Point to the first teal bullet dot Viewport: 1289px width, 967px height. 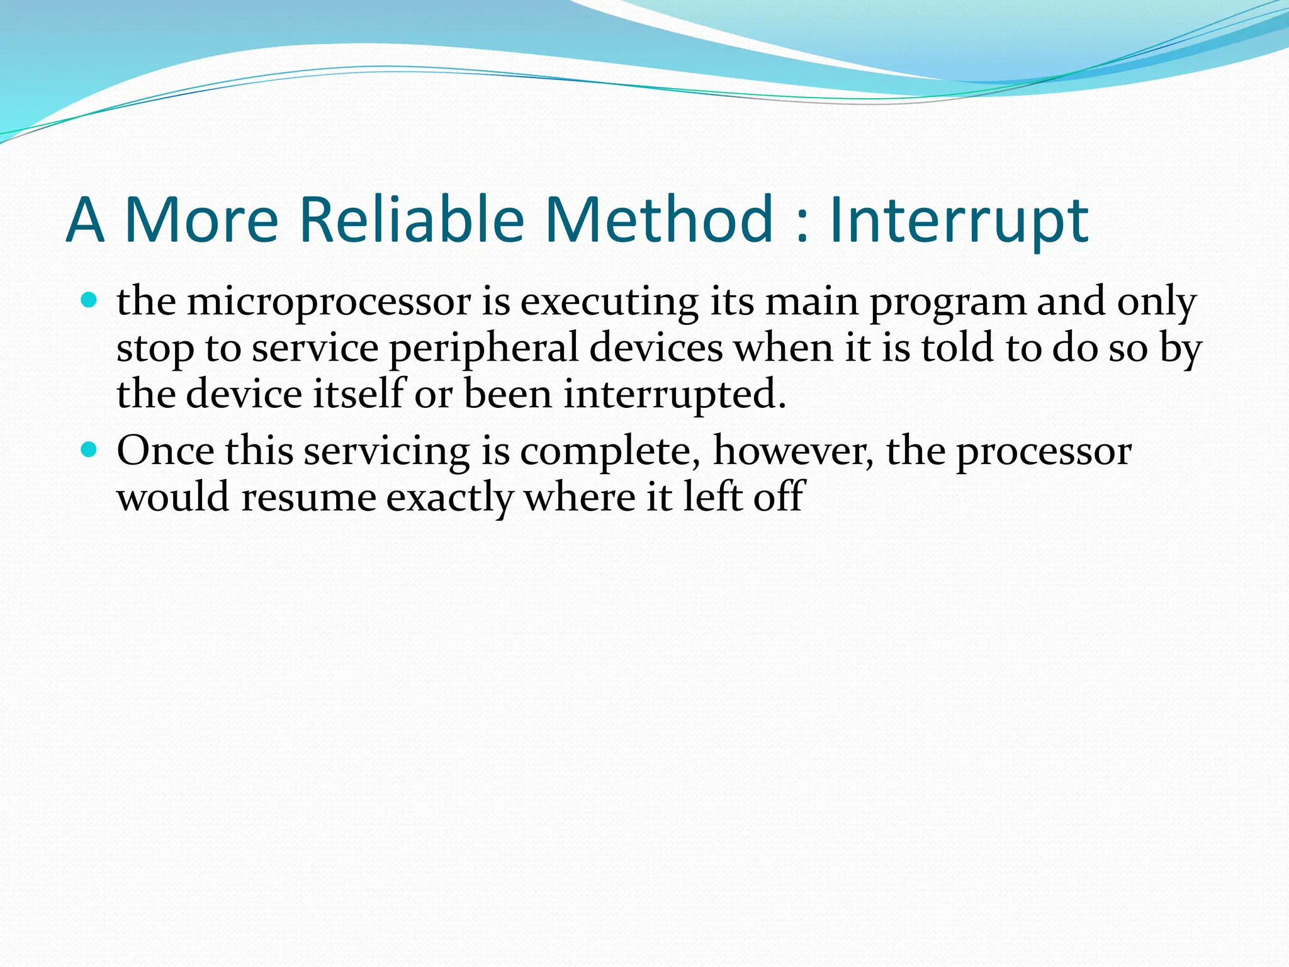(89, 299)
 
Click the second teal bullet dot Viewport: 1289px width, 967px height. (89, 449)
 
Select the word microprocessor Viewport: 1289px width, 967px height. (329, 302)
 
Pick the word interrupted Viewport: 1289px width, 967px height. (675, 395)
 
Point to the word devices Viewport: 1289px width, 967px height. (656, 348)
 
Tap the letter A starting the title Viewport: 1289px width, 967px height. (84, 220)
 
